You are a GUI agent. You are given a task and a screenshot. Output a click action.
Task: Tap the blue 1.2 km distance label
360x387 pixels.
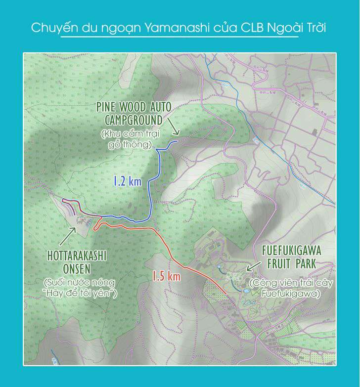(127, 181)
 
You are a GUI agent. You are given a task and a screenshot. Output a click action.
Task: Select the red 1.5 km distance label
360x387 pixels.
(166, 276)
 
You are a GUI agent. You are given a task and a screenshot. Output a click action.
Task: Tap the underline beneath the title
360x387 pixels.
(180, 38)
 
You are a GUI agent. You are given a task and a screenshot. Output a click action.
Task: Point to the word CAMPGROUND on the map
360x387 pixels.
(134, 120)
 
